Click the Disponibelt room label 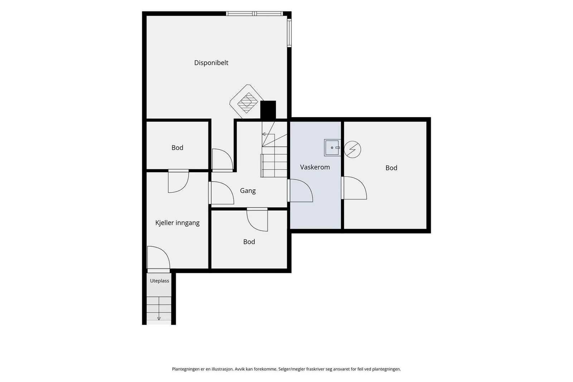click(x=211, y=63)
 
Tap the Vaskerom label click(x=315, y=167)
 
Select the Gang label click(x=247, y=191)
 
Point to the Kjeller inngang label click(x=177, y=223)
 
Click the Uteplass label click(x=159, y=281)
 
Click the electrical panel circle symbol click(x=352, y=149)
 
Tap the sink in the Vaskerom click(x=332, y=148)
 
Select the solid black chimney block click(x=268, y=110)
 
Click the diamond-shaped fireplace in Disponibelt click(x=247, y=102)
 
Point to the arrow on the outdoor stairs click(x=159, y=308)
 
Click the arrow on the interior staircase click(x=268, y=134)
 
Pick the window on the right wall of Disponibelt click(x=289, y=33)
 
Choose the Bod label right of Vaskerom click(x=391, y=168)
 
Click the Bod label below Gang click(x=249, y=242)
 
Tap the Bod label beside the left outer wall click(x=177, y=148)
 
